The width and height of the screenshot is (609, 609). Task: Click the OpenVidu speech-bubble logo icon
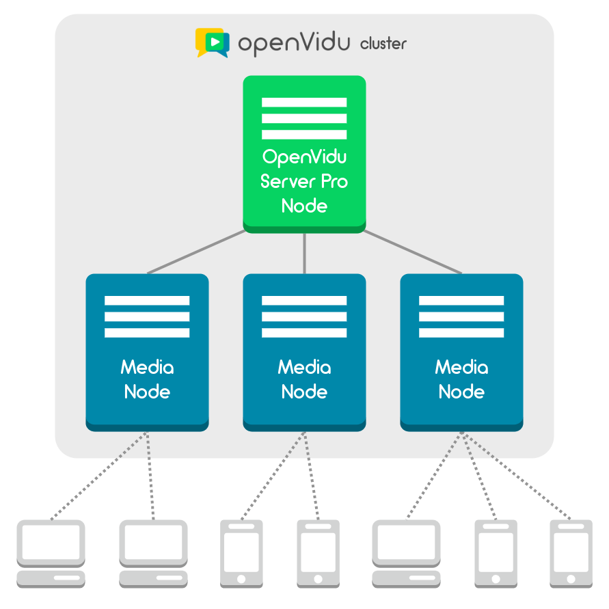point(212,42)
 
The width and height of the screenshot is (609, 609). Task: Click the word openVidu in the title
point(294,43)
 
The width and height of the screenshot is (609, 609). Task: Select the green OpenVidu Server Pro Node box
point(304,154)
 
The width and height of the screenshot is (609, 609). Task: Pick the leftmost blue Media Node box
point(147,352)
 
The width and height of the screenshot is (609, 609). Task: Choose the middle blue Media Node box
point(304,352)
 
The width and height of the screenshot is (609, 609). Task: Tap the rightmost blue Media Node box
point(461,352)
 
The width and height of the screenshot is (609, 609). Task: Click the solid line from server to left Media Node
point(197,252)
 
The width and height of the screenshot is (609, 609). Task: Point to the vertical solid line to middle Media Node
point(304,253)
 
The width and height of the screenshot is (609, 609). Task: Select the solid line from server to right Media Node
point(412,252)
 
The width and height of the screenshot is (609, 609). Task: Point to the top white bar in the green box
point(304,103)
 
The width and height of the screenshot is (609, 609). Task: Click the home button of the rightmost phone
point(571,578)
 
